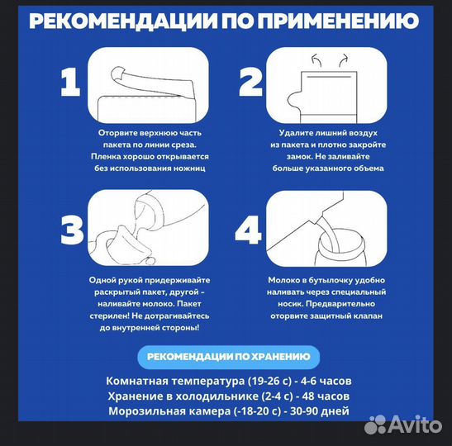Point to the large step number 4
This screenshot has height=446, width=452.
250,229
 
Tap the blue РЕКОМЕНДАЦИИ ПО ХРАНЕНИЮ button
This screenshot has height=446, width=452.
228,357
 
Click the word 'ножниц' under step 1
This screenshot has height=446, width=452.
186,168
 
